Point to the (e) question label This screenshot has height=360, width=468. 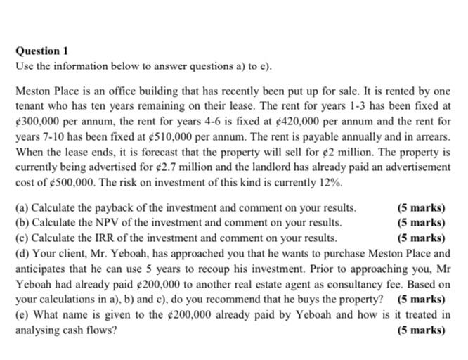[22, 314]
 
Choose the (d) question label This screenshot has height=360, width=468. [22, 252]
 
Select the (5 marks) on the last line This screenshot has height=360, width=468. [421, 328]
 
